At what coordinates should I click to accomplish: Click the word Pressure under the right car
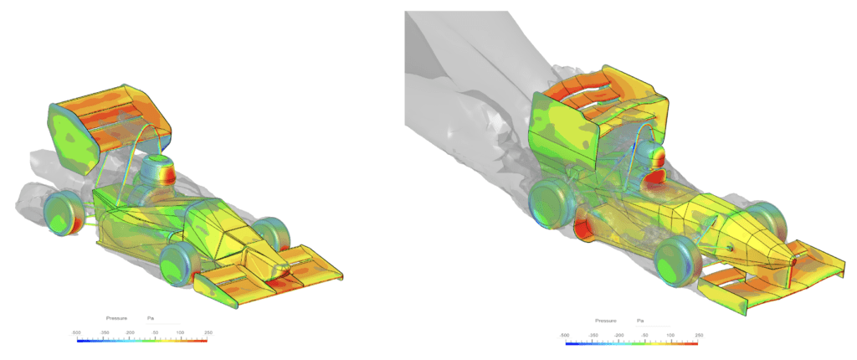point(607,321)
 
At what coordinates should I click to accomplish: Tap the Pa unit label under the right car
point(640,321)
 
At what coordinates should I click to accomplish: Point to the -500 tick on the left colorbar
point(77,332)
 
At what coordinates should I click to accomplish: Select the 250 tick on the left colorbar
point(205,332)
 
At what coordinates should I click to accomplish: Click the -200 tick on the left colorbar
point(129,332)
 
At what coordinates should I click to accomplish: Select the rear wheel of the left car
point(60,213)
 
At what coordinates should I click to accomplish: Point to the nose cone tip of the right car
point(792,259)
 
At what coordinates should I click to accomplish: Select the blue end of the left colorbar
point(80,340)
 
